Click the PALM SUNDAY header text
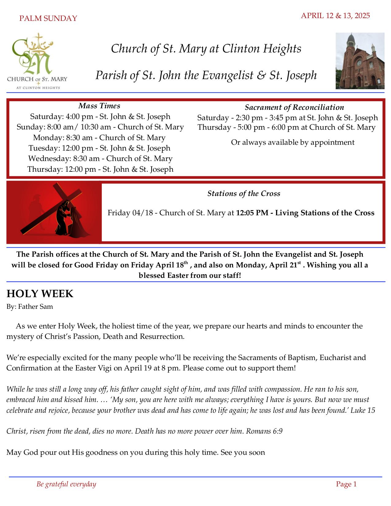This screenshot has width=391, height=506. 48,18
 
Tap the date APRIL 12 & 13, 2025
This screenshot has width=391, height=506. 335,16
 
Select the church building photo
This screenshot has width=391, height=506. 360,61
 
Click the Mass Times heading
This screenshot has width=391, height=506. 99,106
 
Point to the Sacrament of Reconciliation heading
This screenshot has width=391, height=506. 294,107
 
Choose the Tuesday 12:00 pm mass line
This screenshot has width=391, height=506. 99,148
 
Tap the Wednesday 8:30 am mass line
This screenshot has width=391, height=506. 100,159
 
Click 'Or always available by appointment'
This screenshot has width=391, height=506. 293,142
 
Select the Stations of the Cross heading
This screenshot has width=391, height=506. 243,194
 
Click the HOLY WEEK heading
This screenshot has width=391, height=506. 40,293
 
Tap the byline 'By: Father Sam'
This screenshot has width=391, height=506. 30,306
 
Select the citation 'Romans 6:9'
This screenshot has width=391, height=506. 264,431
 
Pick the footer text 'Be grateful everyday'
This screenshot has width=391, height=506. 66,484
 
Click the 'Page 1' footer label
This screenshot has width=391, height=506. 346,484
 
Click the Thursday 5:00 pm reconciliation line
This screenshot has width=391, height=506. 286,127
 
